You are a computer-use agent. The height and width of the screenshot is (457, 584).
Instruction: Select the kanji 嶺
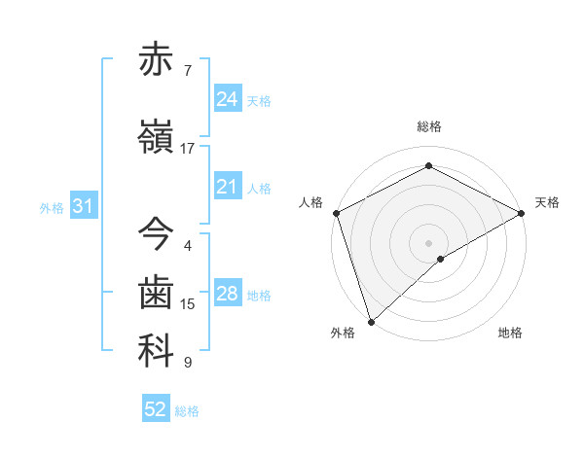[x=156, y=138]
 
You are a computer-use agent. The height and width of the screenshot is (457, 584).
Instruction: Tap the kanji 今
[x=156, y=233]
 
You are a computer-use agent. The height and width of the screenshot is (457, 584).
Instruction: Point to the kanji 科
[x=156, y=352]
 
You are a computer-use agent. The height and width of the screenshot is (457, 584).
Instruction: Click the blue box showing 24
[x=227, y=99]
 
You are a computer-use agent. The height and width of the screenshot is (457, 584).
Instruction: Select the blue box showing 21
[x=227, y=187]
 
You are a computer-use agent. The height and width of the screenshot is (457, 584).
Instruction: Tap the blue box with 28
[x=227, y=294]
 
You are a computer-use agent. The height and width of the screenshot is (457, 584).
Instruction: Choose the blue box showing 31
[x=83, y=206]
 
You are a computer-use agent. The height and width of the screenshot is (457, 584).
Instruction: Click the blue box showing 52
[x=156, y=409]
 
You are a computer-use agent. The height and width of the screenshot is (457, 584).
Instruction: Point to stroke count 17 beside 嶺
[x=188, y=149]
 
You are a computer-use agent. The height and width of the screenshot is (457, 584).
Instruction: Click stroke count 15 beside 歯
[x=188, y=304]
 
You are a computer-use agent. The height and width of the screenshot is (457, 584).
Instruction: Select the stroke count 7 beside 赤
[x=188, y=71]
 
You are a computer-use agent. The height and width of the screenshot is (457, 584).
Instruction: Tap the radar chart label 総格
[x=428, y=126]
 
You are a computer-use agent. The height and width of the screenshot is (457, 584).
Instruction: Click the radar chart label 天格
[x=547, y=202]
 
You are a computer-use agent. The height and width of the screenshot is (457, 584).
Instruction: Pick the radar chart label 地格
[x=510, y=334]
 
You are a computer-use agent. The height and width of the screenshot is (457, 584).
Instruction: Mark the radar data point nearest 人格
[x=335, y=213]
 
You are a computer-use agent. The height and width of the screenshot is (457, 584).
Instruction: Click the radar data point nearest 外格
[x=371, y=321]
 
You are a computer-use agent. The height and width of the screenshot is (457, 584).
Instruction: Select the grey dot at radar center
[x=428, y=242]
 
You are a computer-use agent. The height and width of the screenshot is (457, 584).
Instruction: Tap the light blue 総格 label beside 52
[x=187, y=411]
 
